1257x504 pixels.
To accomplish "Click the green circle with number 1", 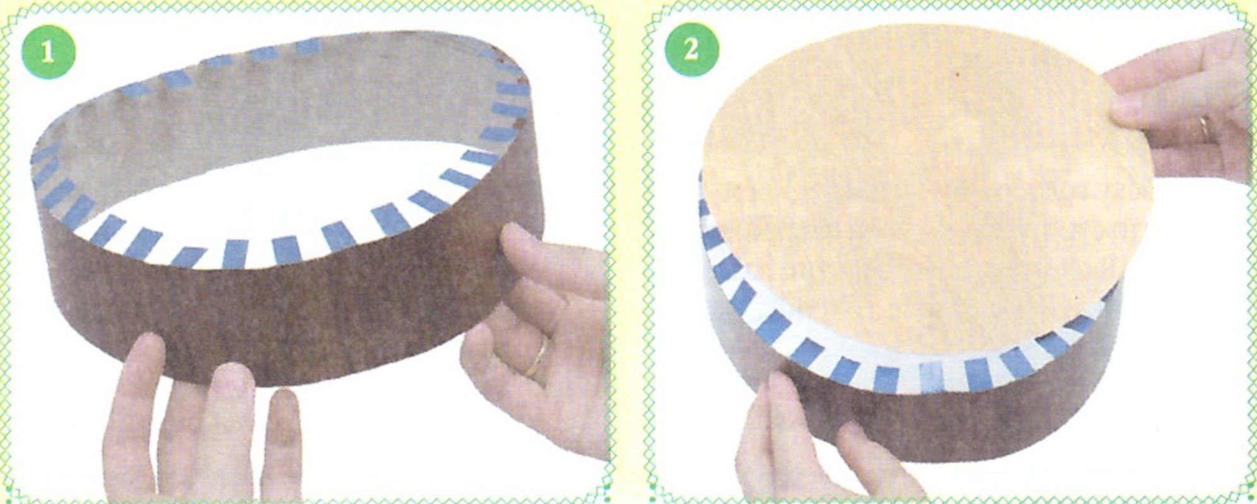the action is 48,52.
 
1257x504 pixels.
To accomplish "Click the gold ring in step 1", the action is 540,356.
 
